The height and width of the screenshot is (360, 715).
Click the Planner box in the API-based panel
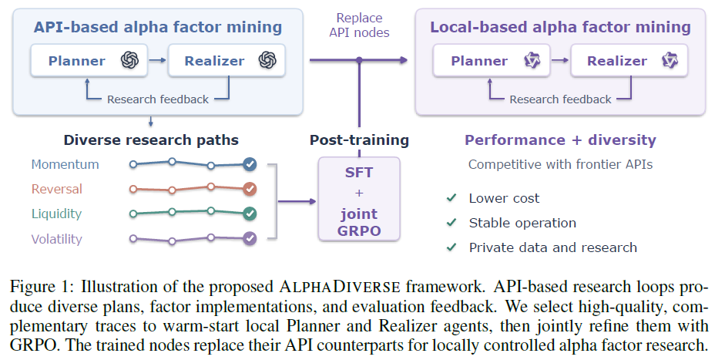(89, 60)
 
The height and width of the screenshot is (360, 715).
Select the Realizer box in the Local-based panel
(629, 60)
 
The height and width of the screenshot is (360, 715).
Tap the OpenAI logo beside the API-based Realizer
(267, 60)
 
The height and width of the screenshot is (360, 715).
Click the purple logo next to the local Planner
(532, 60)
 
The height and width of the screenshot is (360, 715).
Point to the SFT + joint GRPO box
(359, 199)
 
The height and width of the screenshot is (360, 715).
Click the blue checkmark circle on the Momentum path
(250, 164)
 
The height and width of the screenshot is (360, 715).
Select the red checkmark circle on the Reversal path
(250, 189)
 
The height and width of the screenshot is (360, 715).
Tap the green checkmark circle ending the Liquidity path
(250, 214)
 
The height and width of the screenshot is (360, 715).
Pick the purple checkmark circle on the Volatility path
(250, 238)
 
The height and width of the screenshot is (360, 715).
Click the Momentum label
(65, 164)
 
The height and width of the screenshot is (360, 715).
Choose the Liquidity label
(56, 214)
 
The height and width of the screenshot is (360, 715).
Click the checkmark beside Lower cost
(451, 197)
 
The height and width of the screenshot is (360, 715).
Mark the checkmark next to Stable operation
(451, 222)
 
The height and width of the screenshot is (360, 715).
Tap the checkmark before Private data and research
(451, 247)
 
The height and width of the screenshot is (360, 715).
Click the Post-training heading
(359, 140)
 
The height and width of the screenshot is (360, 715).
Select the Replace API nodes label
(359, 25)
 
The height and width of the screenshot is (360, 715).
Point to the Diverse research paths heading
(151, 140)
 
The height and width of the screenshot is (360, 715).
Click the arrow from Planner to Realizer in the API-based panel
(158, 60)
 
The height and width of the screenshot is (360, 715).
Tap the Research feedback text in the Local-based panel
(560, 99)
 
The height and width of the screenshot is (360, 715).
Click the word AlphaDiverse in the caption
(340, 287)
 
